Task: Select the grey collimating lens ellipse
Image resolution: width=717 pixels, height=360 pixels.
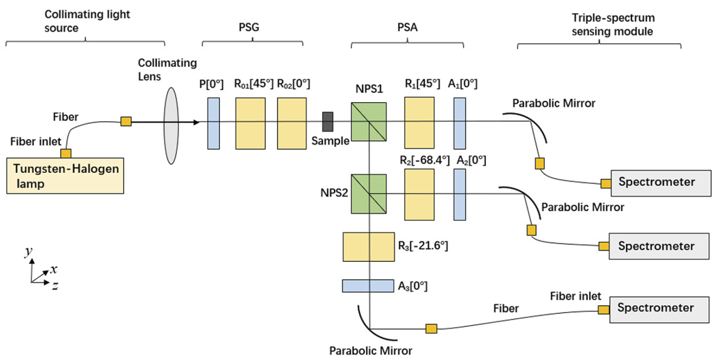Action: click(x=172, y=125)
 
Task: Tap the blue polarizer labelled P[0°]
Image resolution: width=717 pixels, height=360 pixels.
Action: click(x=213, y=123)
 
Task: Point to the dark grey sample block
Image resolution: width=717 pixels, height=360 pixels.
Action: click(x=328, y=121)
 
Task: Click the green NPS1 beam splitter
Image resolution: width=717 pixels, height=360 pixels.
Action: click(x=369, y=122)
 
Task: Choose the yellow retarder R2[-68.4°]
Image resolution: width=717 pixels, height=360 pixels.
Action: click(x=419, y=194)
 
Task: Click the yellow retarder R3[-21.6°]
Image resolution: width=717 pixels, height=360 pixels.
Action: click(x=369, y=246)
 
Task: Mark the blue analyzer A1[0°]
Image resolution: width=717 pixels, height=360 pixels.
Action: click(x=460, y=123)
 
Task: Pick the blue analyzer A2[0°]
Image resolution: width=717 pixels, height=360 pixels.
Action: click(x=460, y=194)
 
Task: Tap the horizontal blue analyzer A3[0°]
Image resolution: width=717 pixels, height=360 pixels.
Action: click(x=367, y=286)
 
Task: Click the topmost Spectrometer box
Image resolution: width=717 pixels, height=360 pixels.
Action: click(x=660, y=182)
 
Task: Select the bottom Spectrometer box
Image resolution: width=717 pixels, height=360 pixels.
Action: click(x=660, y=308)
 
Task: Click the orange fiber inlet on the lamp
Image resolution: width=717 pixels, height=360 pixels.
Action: click(x=65, y=153)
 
